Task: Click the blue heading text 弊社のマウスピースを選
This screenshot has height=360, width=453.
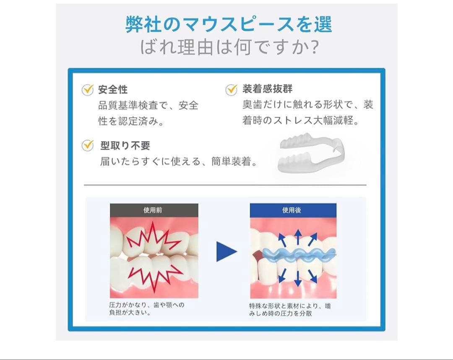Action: coord(229,24)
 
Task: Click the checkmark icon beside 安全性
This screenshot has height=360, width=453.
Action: coord(87,89)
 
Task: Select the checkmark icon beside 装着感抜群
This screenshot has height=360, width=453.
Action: coord(232,89)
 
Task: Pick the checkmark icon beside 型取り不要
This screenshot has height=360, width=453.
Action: coord(87,145)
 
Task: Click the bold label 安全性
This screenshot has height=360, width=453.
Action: coord(113,89)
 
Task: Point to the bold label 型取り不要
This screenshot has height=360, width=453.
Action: coord(125,146)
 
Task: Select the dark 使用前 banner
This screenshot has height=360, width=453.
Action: coord(154,210)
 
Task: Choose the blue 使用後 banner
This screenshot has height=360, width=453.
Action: coord(293,210)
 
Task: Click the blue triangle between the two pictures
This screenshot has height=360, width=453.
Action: coord(226,252)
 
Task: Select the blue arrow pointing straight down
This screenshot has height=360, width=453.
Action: coord(297,278)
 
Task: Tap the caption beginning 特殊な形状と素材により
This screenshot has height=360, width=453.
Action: coord(289,310)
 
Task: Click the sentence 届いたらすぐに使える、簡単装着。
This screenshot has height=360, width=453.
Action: coord(179,161)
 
